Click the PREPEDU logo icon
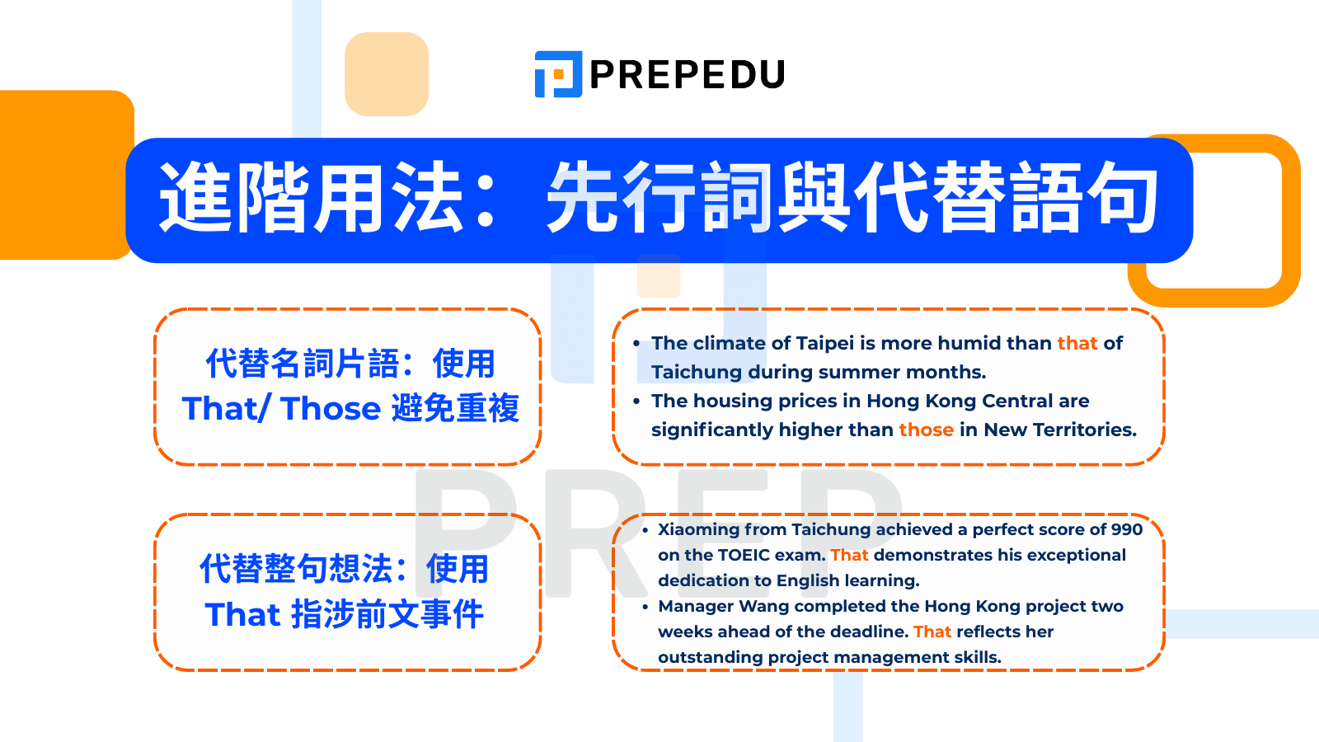(x=558, y=74)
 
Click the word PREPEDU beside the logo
(x=687, y=75)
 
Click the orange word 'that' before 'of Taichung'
(x=1077, y=343)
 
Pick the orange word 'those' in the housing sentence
(x=926, y=430)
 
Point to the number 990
(x=1126, y=529)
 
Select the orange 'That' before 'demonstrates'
(x=849, y=555)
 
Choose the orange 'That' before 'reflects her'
(x=932, y=632)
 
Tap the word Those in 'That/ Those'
(x=331, y=409)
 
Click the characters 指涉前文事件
(x=387, y=615)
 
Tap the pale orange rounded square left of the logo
(x=387, y=74)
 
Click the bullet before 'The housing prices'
(x=636, y=402)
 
